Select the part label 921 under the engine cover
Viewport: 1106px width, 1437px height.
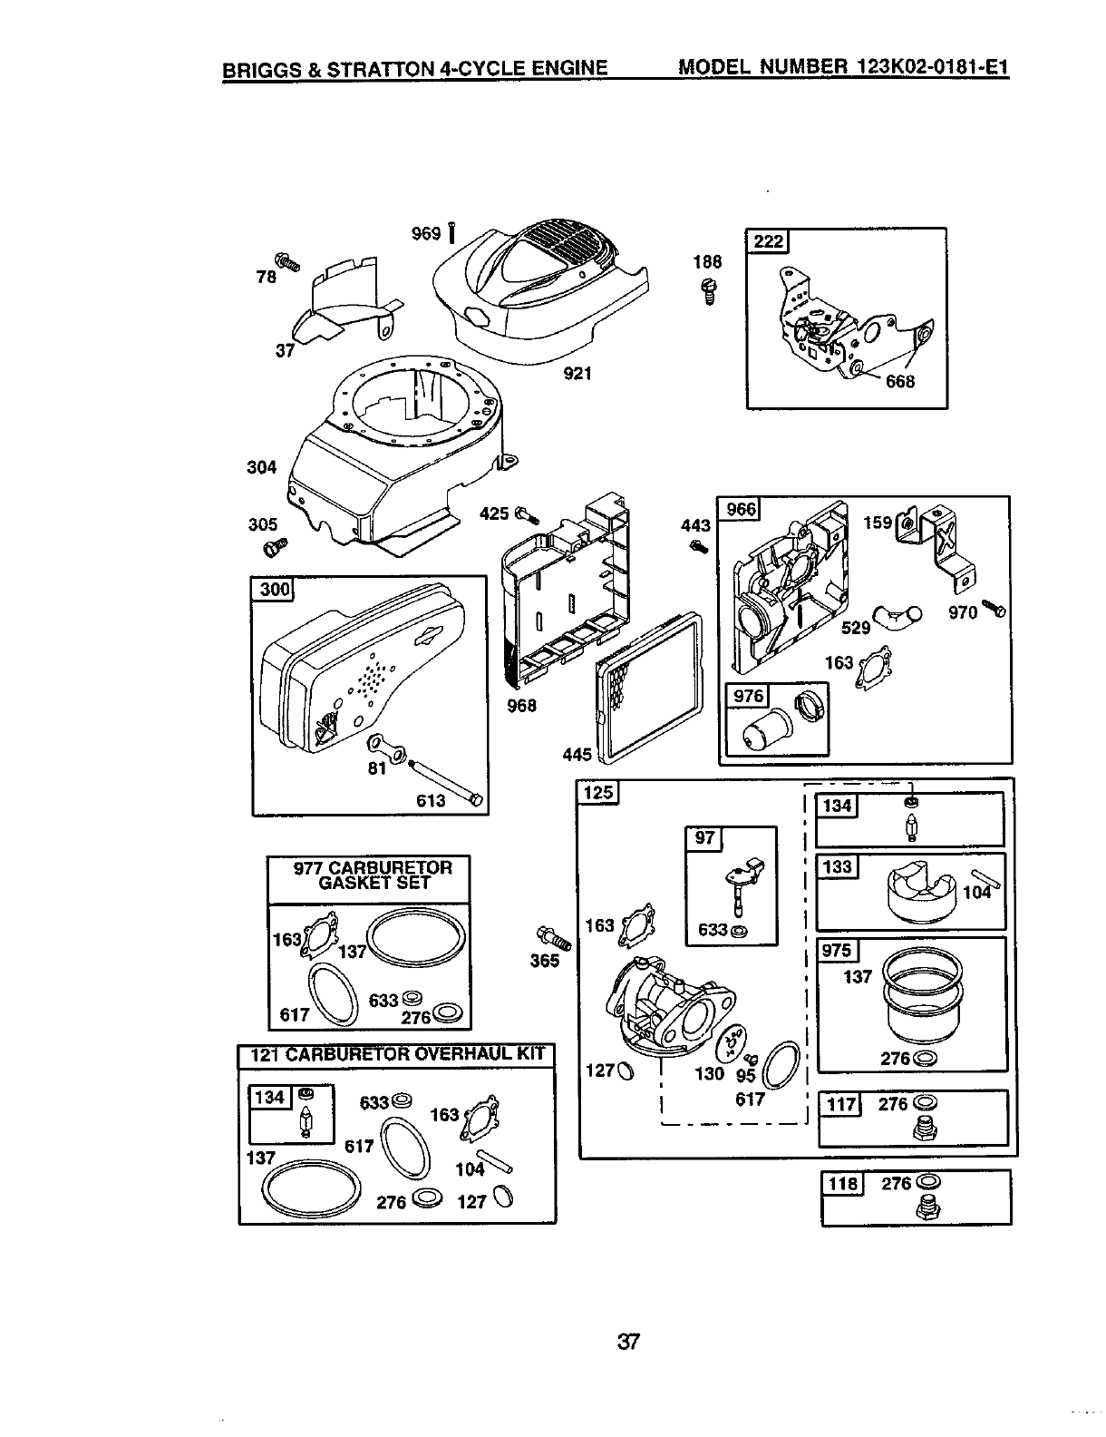(577, 373)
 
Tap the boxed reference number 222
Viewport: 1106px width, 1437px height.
(767, 241)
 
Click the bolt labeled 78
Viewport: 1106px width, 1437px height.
(289, 261)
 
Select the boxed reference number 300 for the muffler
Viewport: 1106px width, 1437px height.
(274, 591)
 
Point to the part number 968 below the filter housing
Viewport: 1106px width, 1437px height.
(522, 704)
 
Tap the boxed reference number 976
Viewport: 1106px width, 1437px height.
(750, 697)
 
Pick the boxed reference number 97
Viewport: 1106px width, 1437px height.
(704, 839)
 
